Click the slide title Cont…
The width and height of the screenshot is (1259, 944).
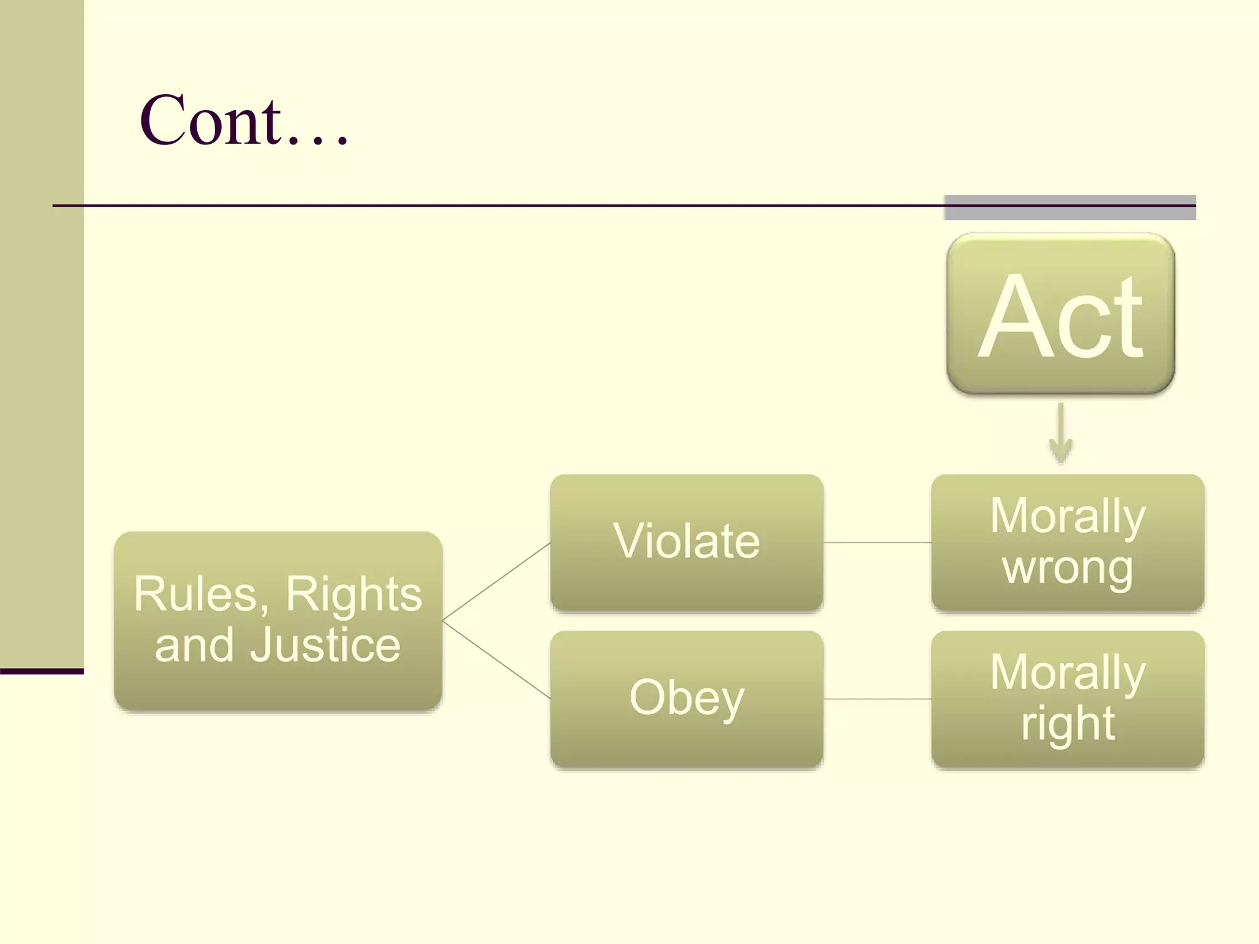coord(244,121)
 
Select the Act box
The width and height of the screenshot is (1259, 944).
coord(1060,314)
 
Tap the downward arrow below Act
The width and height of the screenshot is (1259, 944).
coord(1060,433)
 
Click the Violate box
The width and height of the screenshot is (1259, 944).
coord(686,542)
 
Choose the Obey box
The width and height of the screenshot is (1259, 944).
coord(686,699)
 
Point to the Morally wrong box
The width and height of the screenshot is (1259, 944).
coord(1067,542)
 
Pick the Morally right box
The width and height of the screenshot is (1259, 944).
coord(1067,699)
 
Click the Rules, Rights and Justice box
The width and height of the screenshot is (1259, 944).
coord(278,621)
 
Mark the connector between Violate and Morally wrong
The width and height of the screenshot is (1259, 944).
coord(877,543)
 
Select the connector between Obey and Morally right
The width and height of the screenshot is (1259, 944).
coord(877,699)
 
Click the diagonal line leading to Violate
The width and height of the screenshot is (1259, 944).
coord(496,581)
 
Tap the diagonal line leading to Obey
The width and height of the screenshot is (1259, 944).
coord(496,660)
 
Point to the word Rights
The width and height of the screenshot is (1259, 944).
coord(353,594)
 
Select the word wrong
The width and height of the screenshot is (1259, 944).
coord(1067,568)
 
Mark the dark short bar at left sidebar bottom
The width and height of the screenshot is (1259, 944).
coord(42,671)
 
